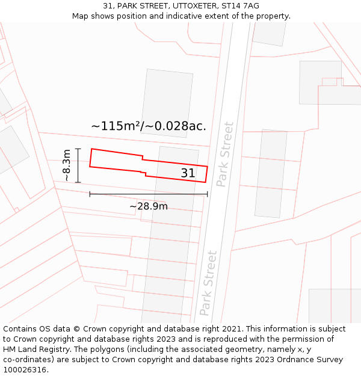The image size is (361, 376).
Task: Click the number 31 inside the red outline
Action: (x=188, y=173)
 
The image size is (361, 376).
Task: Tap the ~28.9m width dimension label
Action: (x=149, y=206)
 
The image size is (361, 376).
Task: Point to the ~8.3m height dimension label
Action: (x=67, y=165)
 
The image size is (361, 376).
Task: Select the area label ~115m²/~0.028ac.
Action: (x=149, y=126)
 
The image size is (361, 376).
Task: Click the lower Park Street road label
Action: (x=208, y=283)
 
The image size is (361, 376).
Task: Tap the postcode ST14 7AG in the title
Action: (x=240, y=6)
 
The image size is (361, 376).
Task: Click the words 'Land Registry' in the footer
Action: (x=43, y=350)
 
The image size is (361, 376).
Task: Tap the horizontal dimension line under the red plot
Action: (x=149, y=194)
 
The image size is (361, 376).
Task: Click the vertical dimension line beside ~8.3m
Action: (x=78, y=165)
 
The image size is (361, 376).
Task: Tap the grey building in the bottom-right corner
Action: (x=335, y=306)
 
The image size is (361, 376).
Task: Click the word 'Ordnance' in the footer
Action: (x=286, y=360)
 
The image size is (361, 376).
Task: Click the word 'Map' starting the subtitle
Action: (x=81, y=16)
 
